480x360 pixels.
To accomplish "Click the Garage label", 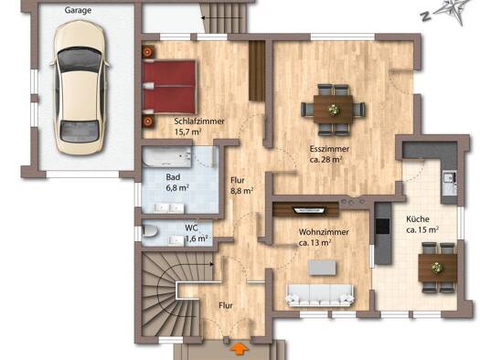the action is (x=78, y=10).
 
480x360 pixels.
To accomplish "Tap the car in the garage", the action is (x=80, y=88).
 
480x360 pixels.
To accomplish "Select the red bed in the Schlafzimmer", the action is (x=169, y=87).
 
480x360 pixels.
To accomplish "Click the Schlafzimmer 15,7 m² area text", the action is (x=187, y=132).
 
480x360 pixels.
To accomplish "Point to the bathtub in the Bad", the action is (x=167, y=157).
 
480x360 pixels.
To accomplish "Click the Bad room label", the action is (x=173, y=177).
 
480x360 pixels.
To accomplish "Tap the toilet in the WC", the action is (x=150, y=231).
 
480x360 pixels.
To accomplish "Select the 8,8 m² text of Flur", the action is (x=241, y=191).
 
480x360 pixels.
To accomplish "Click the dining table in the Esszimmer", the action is (x=333, y=110).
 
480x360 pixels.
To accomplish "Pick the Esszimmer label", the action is (x=329, y=149).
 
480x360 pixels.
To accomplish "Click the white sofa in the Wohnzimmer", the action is (x=320, y=295).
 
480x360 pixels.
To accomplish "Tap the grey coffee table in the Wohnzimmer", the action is (x=322, y=268).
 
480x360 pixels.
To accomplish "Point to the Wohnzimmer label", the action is (x=324, y=232).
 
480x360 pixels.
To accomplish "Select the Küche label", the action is (x=418, y=219).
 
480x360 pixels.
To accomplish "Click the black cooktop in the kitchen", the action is (x=383, y=226).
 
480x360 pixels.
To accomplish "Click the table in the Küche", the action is (x=438, y=268).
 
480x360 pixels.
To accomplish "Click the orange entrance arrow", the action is (x=240, y=349).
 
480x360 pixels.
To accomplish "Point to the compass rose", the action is (x=451, y=11).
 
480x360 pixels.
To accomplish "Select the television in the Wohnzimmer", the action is (x=309, y=210).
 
